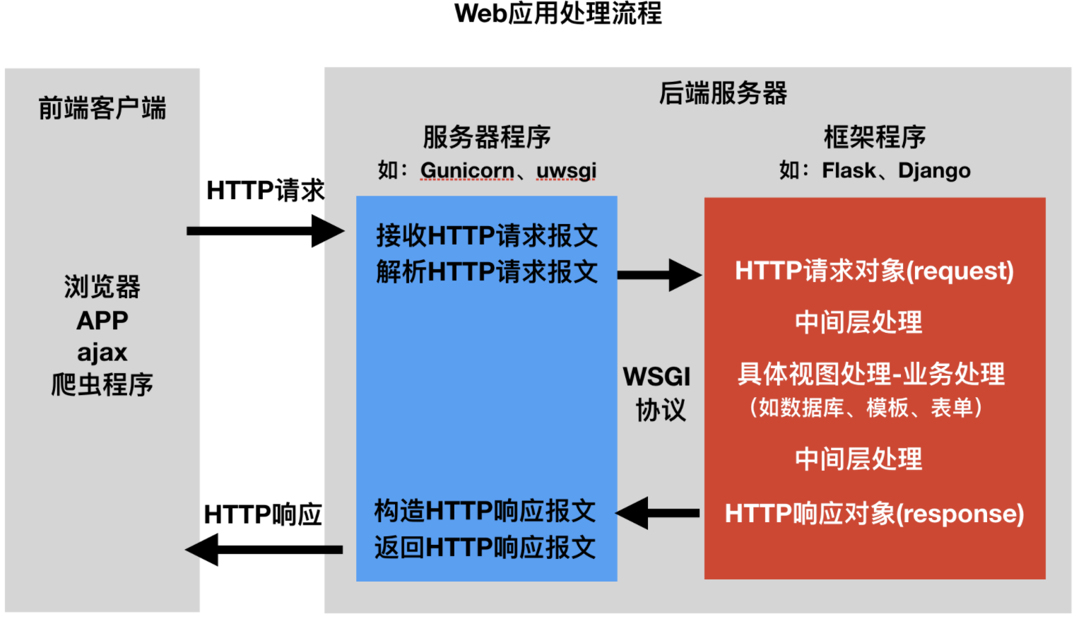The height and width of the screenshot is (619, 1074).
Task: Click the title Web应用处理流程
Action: pyautogui.click(x=558, y=13)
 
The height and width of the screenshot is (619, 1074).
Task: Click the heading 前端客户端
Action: pyautogui.click(x=102, y=108)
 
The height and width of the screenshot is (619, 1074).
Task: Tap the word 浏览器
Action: pyautogui.click(x=102, y=287)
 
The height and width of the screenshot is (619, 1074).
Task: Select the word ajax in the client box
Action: pyautogui.click(x=102, y=352)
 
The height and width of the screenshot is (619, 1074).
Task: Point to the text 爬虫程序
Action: pyautogui.click(x=102, y=384)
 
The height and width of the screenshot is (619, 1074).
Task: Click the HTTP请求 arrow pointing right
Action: pyautogui.click(x=265, y=231)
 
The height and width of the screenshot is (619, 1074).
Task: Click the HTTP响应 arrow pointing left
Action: pyautogui.click(x=264, y=549)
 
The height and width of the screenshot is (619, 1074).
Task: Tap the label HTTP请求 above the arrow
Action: pyautogui.click(x=265, y=190)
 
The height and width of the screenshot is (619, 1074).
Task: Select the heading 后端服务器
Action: pyautogui.click(x=723, y=93)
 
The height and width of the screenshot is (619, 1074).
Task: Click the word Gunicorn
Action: pyautogui.click(x=467, y=170)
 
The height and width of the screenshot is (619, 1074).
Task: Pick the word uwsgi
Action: pyautogui.click(x=566, y=170)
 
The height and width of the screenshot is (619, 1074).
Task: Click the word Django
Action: pyautogui.click(x=934, y=170)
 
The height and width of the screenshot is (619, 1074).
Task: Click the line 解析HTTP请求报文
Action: pyautogui.click(x=487, y=271)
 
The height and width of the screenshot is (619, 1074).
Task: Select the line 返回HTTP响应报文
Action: pyautogui.click(x=485, y=547)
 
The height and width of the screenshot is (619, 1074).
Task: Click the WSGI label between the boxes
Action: pyautogui.click(x=656, y=377)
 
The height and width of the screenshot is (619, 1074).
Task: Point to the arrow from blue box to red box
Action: pyautogui.click(x=659, y=275)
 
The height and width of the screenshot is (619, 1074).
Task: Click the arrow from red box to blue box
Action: pyautogui.click(x=658, y=513)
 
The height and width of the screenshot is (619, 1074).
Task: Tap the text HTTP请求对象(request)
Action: pyautogui.click(x=874, y=271)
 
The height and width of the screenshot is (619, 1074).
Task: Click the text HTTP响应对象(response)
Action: pyautogui.click(x=874, y=514)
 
